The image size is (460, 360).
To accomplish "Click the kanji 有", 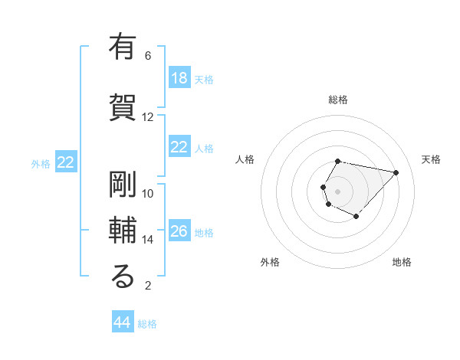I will click(123, 47).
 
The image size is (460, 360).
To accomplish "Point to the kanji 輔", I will click(123, 231).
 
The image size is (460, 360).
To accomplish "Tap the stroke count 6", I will click(148, 56).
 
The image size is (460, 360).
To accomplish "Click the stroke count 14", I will click(148, 240).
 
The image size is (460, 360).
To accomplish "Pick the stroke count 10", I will click(148, 194).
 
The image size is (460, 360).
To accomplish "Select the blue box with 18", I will click(179, 78).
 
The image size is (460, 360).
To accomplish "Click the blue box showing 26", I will click(179, 231).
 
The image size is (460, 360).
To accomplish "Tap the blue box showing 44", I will click(123, 322).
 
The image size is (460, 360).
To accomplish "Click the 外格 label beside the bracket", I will click(41, 163).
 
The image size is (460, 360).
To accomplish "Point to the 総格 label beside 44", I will click(147, 324).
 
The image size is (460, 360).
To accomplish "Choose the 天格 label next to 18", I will click(203, 79).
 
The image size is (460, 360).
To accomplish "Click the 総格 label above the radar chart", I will click(338, 100).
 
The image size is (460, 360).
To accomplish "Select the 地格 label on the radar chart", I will click(402, 263).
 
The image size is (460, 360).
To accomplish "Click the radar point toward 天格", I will click(396, 172).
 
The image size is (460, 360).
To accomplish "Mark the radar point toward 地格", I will click(356, 217).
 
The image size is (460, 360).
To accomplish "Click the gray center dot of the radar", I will click(337, 190).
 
